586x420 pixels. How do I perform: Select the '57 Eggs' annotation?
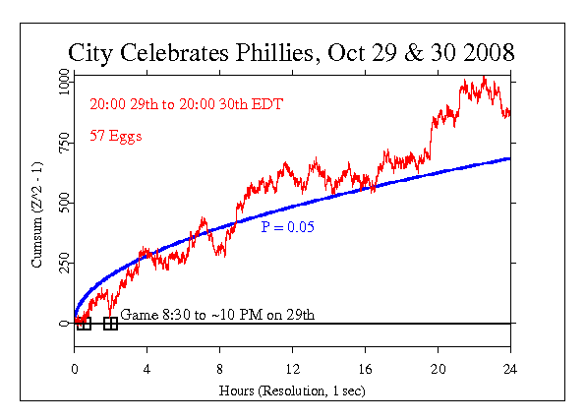coord(115,137)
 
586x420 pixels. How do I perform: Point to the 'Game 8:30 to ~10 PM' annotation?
coord(217,315)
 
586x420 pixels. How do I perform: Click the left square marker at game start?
coord(84,324)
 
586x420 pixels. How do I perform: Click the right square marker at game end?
coord(110,324)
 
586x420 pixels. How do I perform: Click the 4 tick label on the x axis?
coord(146,371)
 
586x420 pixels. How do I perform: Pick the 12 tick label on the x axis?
coord(292,371)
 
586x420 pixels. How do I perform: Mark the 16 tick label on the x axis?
coord(365,371)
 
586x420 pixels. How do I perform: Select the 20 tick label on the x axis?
coord(438,371)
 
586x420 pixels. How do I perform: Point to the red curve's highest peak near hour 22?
coord(484,78)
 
